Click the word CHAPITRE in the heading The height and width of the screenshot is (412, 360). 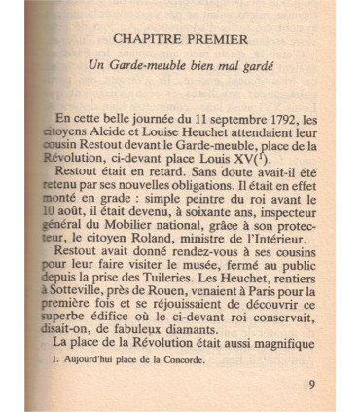point(148,40)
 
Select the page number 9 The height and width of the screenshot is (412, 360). point(310,383)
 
